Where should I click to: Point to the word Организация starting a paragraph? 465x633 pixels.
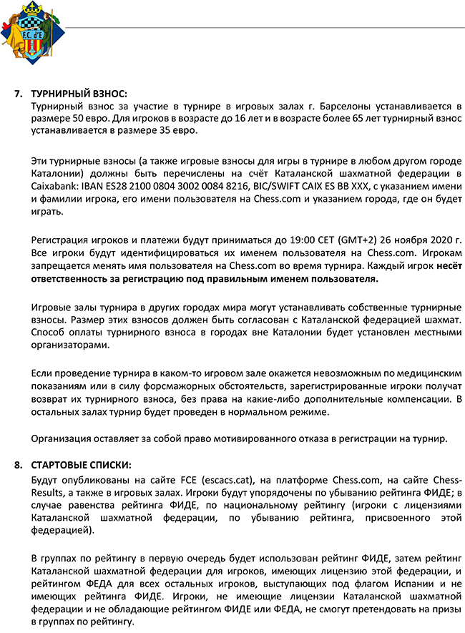pos(64,438)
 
